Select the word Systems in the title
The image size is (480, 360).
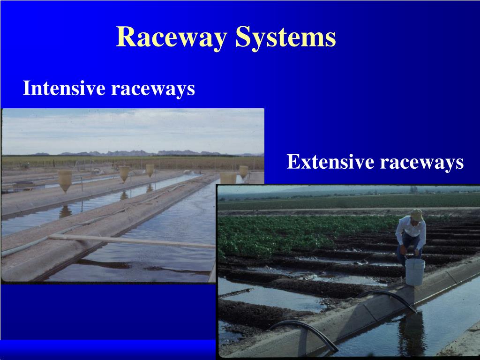tap(285, 37)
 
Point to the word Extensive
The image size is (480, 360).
tap(330, 162)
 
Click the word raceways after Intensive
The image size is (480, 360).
tap(153, 88)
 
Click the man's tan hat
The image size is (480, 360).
tap(416, 215)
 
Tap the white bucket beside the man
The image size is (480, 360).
tap(415, 271)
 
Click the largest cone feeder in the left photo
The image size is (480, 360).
tap(65, 180)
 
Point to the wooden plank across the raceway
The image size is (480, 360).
tap(131, 241)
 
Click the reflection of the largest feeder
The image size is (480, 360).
tap(65, 211)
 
